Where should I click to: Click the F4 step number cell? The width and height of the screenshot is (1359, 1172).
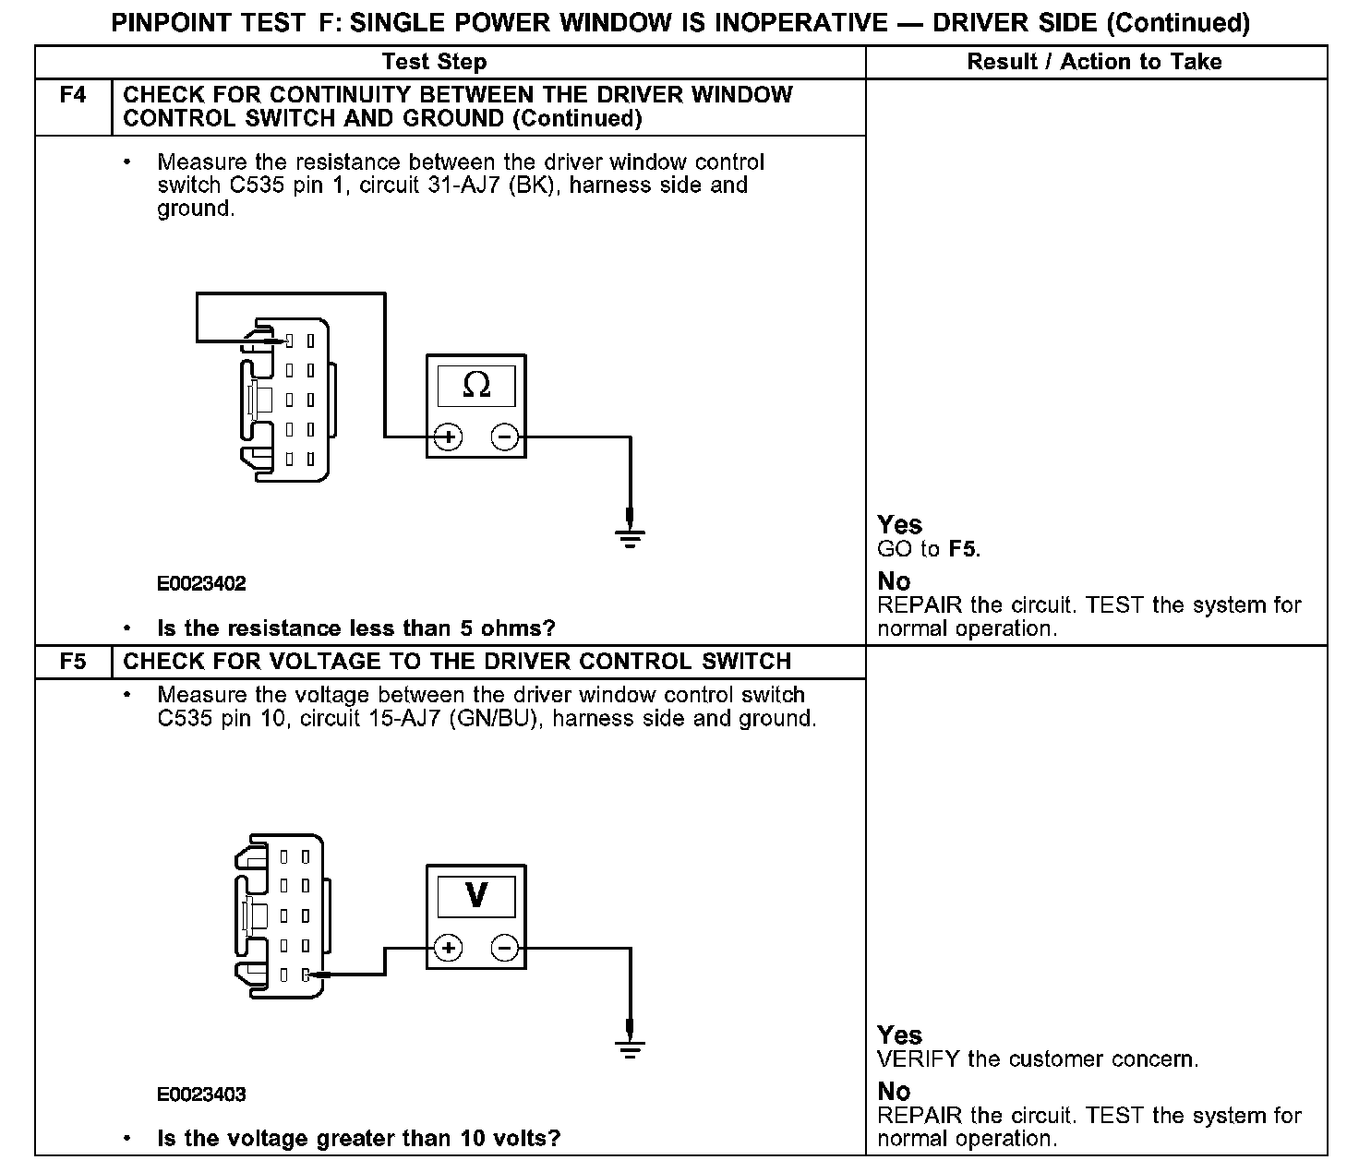[73, 95]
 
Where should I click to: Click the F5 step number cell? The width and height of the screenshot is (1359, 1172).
[73, 662]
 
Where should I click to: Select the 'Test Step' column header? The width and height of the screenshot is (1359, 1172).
[434, 62]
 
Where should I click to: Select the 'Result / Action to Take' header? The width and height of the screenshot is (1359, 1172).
[1094, 62]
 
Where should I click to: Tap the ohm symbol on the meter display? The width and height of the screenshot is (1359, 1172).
[475, 385]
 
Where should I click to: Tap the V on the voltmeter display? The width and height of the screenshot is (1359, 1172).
[476, 894]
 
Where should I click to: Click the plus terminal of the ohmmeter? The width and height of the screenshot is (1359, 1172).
[448, 437]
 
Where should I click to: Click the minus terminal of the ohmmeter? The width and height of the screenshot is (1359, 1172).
[505, 437]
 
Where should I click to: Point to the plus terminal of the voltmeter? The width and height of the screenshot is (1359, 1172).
[448, 948]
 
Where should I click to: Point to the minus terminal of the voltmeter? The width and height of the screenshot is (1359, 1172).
[505, 948]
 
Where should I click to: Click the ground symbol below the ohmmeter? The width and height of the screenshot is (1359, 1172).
[631, 536]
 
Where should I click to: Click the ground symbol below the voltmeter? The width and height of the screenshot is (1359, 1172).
[631, 1047]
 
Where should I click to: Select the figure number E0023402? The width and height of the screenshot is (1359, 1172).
[201, 584]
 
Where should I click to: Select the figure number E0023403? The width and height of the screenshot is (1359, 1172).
[201, 1094]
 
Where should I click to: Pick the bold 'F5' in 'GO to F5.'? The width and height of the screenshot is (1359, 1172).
[962, 550]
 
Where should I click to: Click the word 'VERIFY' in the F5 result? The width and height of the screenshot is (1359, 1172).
[919, 1059]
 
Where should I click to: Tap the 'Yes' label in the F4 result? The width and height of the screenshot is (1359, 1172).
[899, 525]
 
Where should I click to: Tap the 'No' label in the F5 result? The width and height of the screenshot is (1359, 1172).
[894, 1092]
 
